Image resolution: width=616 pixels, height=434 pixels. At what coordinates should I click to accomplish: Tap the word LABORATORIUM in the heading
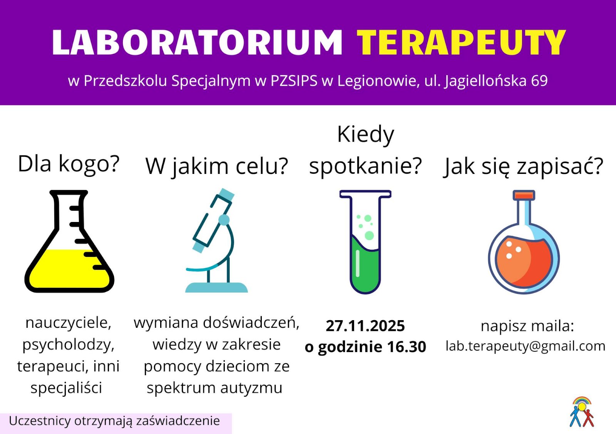point(197,43)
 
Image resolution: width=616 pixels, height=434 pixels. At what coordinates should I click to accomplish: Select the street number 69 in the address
point(539,81)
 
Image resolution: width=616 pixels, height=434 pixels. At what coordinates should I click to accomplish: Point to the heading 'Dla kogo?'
point(69,164)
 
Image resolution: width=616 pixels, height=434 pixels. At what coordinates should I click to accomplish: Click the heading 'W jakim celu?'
point(217,167)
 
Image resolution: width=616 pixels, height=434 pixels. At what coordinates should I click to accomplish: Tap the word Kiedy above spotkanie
point(365,135)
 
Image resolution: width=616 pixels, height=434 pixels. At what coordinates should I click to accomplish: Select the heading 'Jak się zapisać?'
point(524,167)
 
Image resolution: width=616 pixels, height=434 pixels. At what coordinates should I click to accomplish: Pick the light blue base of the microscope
point(216,287)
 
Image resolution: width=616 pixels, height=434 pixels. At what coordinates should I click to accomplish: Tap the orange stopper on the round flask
point(524,195)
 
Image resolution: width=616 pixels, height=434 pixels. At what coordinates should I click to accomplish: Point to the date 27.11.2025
point(365,326)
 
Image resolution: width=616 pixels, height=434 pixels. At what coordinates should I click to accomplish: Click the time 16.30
point(407,347)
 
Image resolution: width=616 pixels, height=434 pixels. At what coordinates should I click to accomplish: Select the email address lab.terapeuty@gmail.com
point(526,346)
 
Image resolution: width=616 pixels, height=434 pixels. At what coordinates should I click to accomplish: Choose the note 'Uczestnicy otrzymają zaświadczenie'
point(114,421)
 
